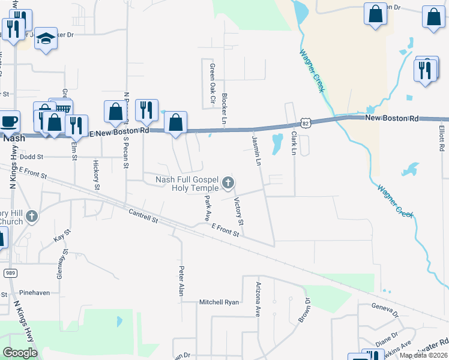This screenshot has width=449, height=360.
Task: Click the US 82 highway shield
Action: (306, 122)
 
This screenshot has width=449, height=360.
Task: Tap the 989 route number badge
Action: (9, 273)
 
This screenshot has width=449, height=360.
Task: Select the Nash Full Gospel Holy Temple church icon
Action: (227, 182)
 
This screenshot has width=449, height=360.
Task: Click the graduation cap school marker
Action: (45, 39)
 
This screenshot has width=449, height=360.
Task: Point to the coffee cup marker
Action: (9, 121)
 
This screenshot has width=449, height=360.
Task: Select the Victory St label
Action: (238, 211)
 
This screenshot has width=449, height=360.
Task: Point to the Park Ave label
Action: (208, 206)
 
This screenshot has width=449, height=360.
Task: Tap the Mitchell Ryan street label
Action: (219, 302)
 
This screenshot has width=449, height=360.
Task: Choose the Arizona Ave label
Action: (259, 299)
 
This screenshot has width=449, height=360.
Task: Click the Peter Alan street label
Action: (179, 280)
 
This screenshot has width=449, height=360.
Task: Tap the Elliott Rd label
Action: (442, 139)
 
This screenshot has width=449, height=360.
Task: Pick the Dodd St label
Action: (32, 157)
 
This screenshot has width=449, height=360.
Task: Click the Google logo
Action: (20, 352)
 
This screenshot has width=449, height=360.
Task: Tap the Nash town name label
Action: (13, 137)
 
